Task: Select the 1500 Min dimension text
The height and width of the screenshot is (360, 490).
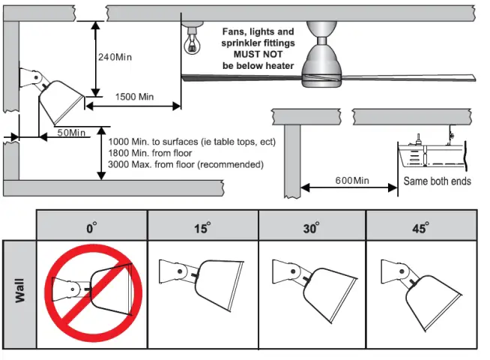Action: coord(135,97)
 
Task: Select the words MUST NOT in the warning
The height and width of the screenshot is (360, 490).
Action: coord(258,55)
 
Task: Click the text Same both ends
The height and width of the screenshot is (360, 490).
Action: coord(438,181)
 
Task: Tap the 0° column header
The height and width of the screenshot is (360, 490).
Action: coord(91,227)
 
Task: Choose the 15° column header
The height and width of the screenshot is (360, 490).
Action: coord(202,227)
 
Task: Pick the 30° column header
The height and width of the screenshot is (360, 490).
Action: coord(312,227)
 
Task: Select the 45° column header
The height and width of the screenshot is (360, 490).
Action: coord(421,227)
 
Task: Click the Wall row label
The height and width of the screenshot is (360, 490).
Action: coord(19,293)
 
